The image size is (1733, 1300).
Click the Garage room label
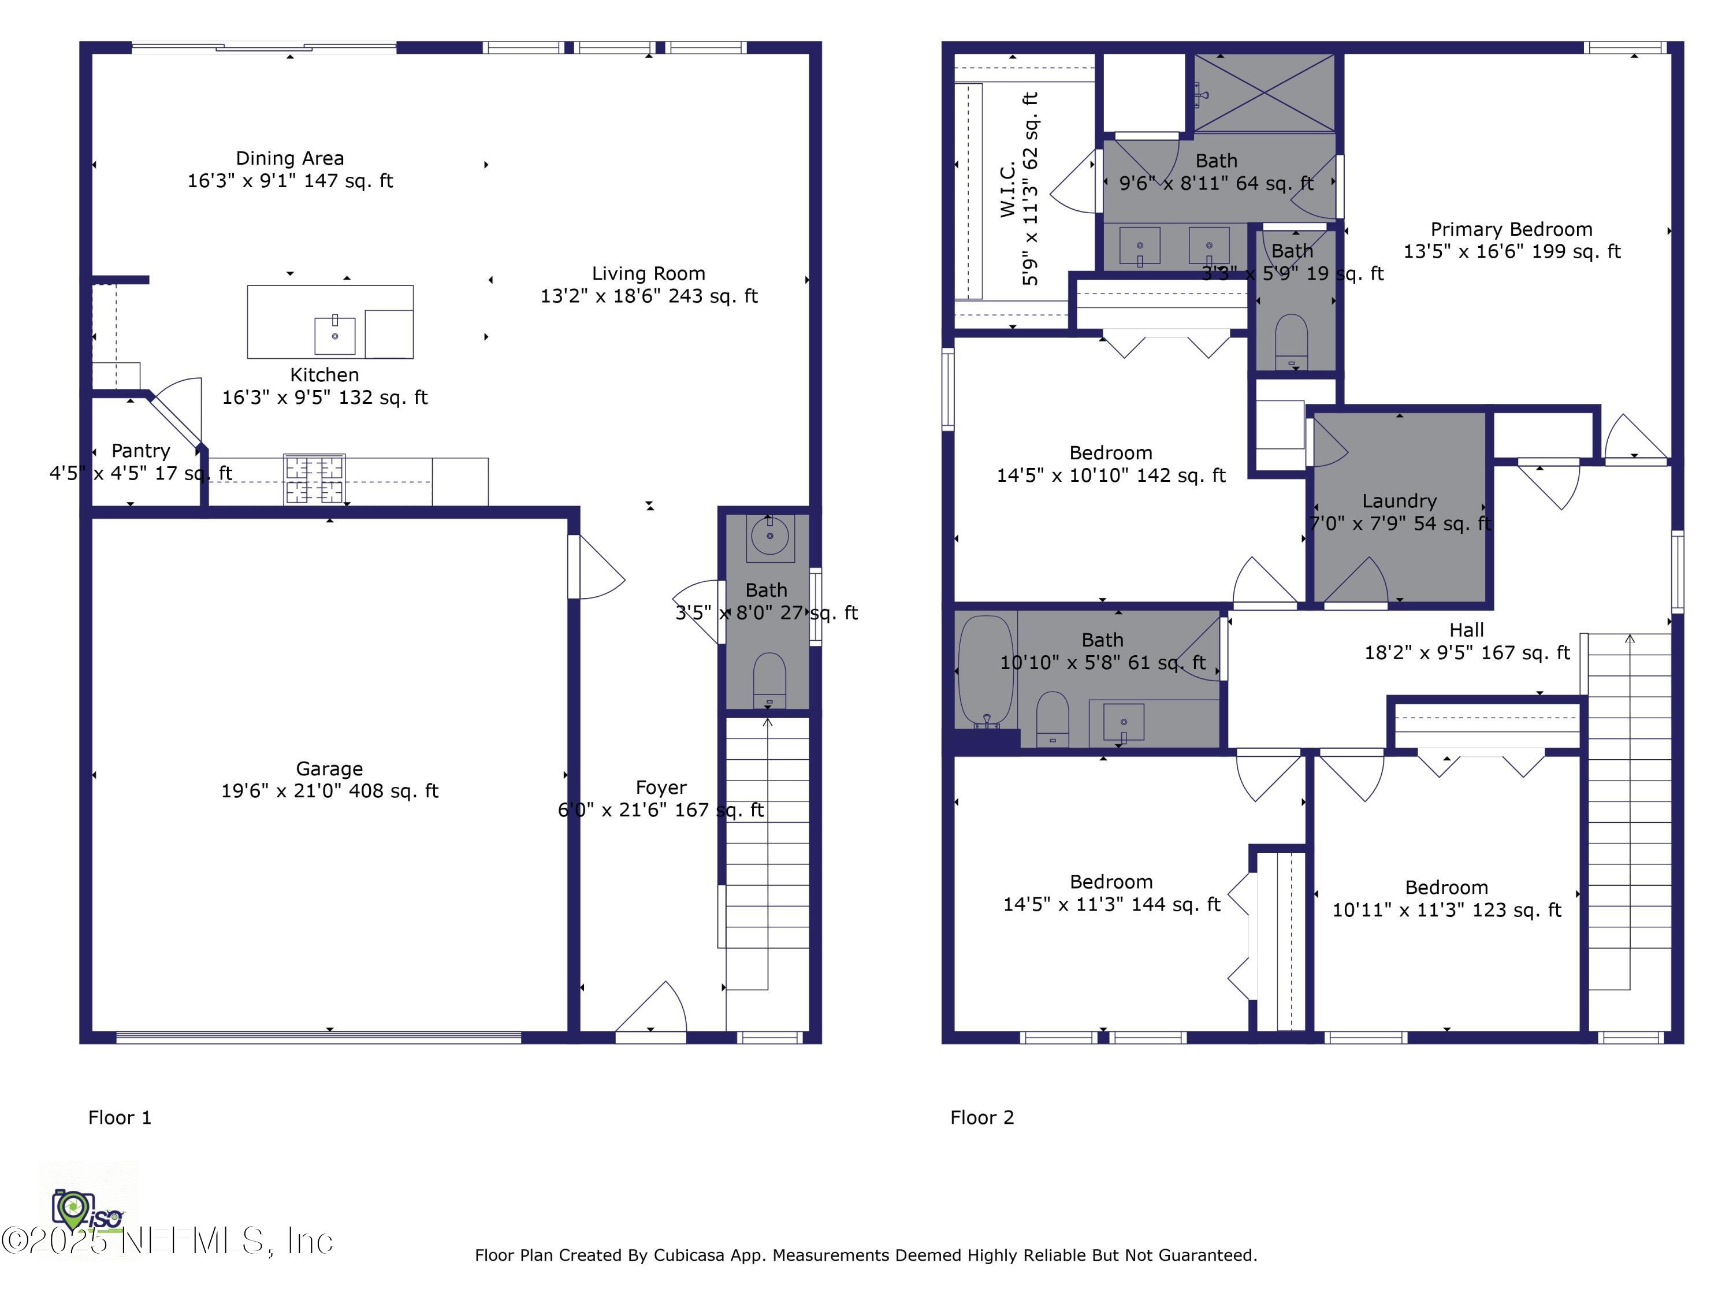(329, 768)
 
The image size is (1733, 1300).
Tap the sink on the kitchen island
(334, 335)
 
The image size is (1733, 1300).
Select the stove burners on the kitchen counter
(314, 479)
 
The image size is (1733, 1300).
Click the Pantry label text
(141, 451)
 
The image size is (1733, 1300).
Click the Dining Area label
(290, 158)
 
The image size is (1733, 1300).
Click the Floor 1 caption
(120, 1117)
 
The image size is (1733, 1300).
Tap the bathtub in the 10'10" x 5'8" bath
(985, 670)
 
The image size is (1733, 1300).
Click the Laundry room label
(1399, 502)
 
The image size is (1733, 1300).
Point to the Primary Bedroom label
(1511, 229)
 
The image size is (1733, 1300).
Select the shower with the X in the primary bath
(1264, 93)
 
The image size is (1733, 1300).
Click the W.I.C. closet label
(1008, 189)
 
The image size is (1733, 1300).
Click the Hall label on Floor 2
(1467, 630)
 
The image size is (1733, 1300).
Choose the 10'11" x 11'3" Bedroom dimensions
(1446, 911)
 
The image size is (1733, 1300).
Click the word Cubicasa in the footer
(689, 1256)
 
